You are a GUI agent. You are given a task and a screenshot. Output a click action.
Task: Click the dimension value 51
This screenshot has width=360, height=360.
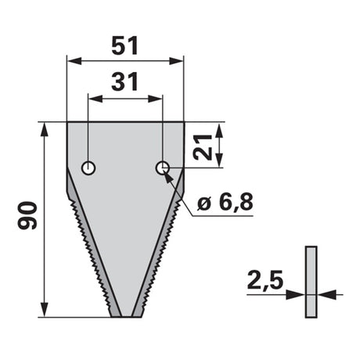point(124,46)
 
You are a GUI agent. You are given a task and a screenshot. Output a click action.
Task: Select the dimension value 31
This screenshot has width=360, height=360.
point(124,82)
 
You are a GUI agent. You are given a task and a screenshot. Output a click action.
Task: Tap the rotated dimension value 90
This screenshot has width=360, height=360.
point(27,215)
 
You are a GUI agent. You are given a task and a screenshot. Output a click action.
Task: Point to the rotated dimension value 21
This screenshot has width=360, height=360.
point(202,147)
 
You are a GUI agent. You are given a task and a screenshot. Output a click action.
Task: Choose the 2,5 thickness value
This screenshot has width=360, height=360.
point(265,280)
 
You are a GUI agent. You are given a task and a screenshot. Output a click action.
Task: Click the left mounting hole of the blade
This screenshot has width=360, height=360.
point(88,168)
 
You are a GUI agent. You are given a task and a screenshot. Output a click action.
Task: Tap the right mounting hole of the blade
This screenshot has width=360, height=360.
point(163,167)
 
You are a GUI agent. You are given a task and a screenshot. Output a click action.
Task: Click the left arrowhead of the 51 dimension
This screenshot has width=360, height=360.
point(74,62)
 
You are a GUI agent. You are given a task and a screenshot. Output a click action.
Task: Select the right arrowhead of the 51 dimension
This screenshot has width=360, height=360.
point(176,62)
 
